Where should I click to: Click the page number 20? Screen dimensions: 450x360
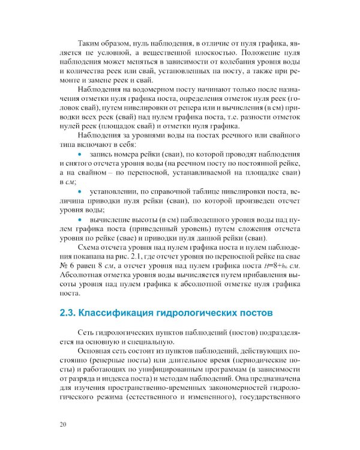coord(64,425)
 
